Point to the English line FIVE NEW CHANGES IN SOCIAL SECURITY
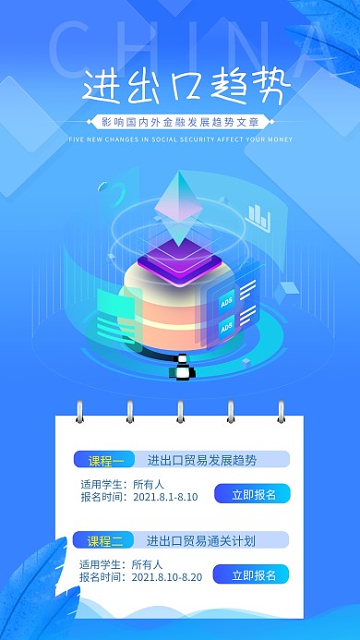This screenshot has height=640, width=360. coord(181,140)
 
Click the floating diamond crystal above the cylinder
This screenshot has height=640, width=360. coord(179,202)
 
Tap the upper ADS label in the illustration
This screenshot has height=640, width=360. coord(226,301)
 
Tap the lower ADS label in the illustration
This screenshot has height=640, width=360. coord(226,327)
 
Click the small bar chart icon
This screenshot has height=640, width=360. coord(259,218)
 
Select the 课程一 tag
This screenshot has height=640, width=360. coord(105,460)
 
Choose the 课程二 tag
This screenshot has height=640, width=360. coord(105,540)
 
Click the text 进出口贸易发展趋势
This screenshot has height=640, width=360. coord(201,460)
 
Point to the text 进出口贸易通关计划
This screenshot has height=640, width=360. coord(200,540)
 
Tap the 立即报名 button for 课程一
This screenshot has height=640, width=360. coord(253,494)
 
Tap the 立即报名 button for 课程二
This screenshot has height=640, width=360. coord(252,575)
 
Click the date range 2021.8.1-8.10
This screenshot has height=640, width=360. coord(165,497)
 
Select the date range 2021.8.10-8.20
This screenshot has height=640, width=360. coord(168,577)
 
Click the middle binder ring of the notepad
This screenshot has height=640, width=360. coord(180,411)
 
